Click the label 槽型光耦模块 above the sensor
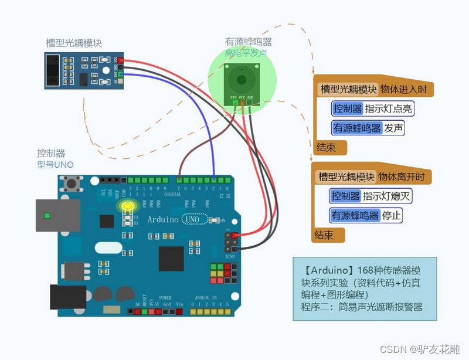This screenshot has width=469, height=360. click(x=73, y=43)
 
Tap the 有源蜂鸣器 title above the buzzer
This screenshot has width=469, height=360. click(x=249, y=42)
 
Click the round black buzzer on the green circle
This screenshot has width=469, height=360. click(x=240, y=80)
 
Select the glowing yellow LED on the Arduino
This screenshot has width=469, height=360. click(x=127, y=206)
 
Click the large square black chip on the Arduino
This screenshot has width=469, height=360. click(x=171, y=259)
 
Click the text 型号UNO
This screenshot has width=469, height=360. click(x=56, y=165)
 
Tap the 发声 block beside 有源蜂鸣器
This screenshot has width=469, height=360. click(x=393, y=128)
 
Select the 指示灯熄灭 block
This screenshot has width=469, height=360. click(x=386, y=196)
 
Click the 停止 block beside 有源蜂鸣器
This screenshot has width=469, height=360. click(x=392, y=215)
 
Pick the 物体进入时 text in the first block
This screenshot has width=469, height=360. click(x=407, y=89)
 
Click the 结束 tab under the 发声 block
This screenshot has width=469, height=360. click(x=326, y=147)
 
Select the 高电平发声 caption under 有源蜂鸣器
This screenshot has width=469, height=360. click(x=246, y=53)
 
